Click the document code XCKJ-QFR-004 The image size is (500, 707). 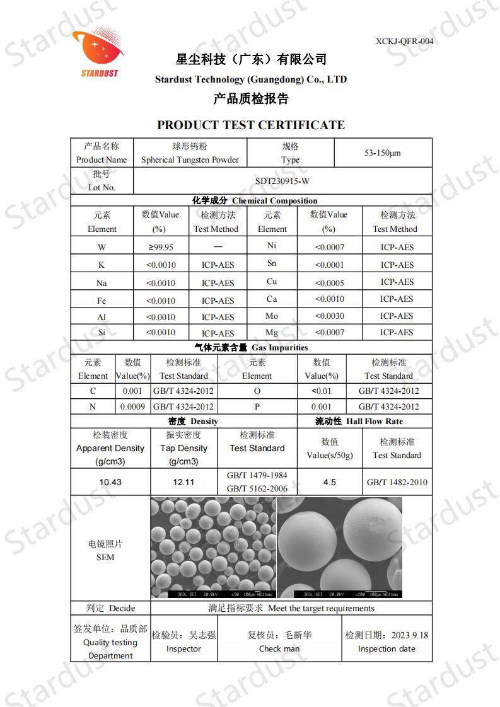[404, 42]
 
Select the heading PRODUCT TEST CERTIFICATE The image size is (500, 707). [251, 125]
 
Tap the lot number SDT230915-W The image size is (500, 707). [282, 181]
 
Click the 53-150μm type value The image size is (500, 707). [383, 153]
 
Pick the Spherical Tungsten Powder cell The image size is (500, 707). [190, 160]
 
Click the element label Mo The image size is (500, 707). [272, 316]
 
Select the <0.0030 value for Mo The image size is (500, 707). [329, 316]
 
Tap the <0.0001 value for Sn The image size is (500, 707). [329, 265]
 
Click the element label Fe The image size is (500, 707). [102, 301]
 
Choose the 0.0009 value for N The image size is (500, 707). [132, 407]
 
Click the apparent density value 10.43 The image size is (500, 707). [110, 483]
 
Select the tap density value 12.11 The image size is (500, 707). [183, 483]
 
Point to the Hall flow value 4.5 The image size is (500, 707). [329, 483]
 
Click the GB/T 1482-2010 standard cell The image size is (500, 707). [397, 483]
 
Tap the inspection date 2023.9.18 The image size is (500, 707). [408, 635]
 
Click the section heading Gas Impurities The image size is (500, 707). [279, 348]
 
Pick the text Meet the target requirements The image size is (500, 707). [321, 609]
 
